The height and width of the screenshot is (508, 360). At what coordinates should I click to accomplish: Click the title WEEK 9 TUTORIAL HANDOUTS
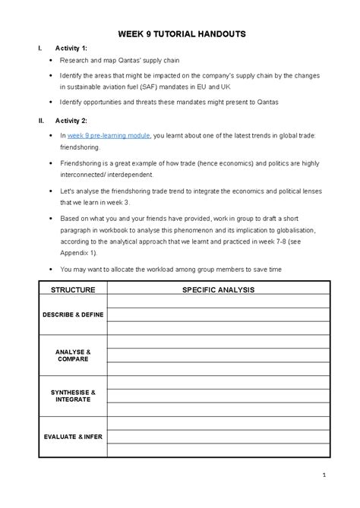[x=179, y=35]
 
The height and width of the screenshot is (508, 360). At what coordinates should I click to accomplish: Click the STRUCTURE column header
[x=72, y=290]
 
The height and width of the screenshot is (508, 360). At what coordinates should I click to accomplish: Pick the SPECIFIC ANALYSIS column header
[x=217, y=290]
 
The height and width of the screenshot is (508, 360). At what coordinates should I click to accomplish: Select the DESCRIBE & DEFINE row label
[x=73, y=314]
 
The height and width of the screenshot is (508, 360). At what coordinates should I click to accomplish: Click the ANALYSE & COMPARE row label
[x=73, y=355]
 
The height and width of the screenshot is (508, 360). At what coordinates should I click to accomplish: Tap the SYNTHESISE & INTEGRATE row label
[x=73, y=396]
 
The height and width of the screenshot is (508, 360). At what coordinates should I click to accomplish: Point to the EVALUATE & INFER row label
[x=73, y=437]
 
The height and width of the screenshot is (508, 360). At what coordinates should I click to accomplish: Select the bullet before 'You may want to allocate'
[x=50, y=268]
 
